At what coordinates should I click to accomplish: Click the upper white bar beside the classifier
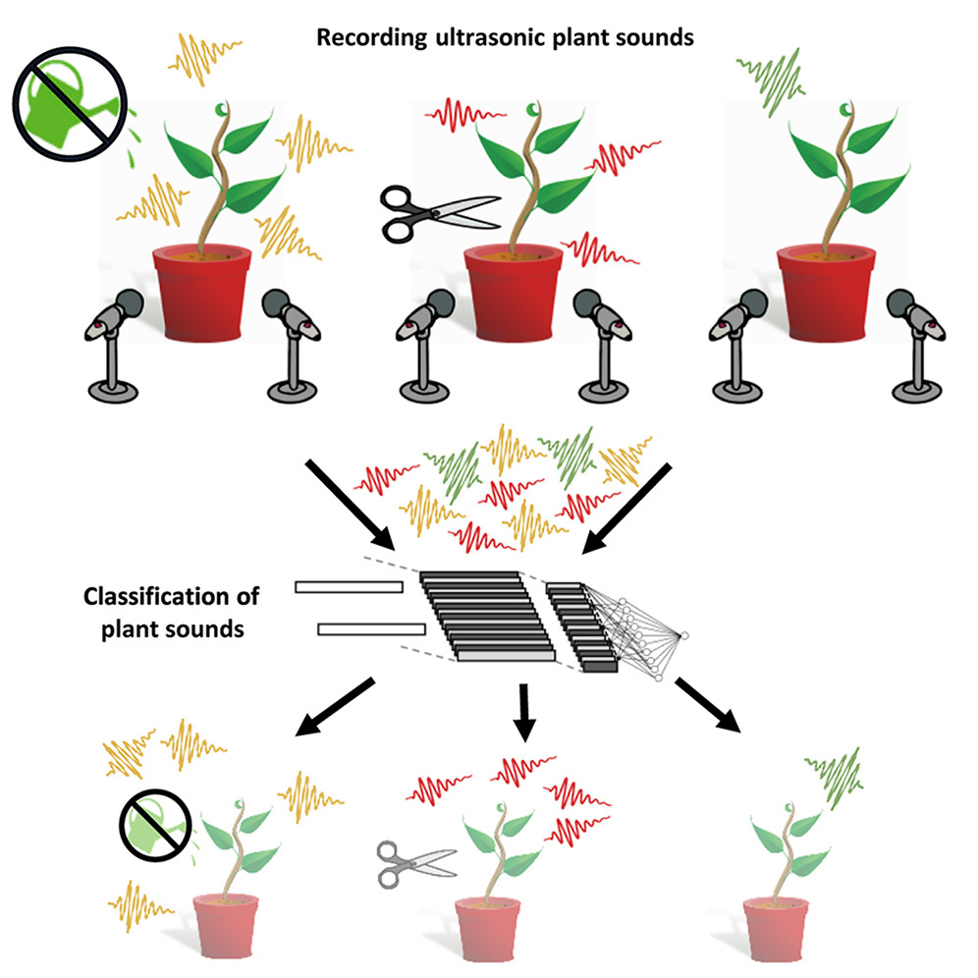pyautogui.click(x=349, y=587)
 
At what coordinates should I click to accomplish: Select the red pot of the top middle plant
pyautogui.click(x=513, y=294)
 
